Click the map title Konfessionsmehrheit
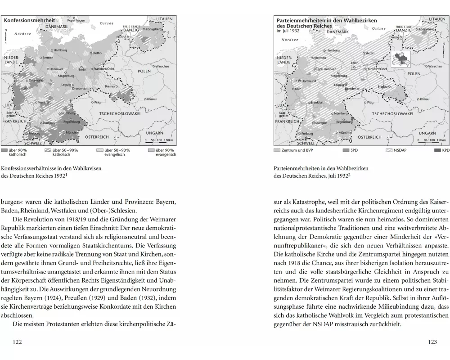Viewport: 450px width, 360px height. pos(30,20)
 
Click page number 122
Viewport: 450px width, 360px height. pos(18,342)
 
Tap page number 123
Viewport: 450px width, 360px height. pos(432,342)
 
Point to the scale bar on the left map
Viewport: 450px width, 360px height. pos(160,141)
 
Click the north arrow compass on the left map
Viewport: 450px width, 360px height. pos(6,36)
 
